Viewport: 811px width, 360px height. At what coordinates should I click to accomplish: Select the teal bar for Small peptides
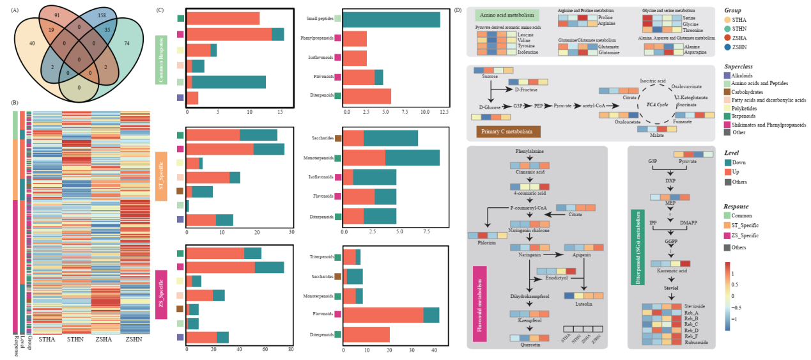click(x=391, y=19)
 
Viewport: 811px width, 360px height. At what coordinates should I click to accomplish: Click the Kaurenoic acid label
click(x=670, y=270)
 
